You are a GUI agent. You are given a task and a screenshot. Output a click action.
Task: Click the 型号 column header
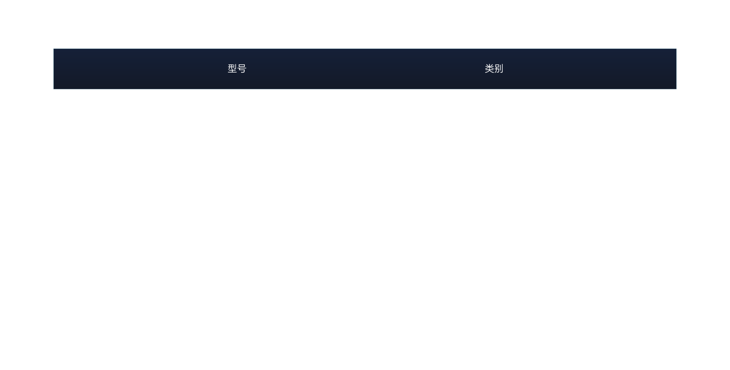pyautogui.click(x=237, y=68)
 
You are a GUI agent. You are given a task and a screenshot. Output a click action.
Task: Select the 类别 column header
pyautogui.click(x=494, y=68)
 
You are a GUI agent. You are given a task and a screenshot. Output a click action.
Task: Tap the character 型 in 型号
pyautogui.click(x=232, y=68)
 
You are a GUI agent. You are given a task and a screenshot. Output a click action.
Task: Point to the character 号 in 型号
pyautogui.click(x=242, y=68)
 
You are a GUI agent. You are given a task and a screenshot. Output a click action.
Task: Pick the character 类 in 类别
pyautogui.click(x=489, y=68)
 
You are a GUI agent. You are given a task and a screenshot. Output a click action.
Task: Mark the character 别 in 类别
pyautogui.click(x=498, y=68)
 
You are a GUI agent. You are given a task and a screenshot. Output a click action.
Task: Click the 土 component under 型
pyautogui.click(x=232, y=71)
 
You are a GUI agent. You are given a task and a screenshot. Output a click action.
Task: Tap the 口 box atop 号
pyautogui.click(x=242, y=65)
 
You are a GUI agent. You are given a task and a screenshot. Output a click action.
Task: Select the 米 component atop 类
pyautogui.click(x=489, y=66)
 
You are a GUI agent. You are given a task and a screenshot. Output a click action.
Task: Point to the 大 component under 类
pyautogui.click(x=489, y=71)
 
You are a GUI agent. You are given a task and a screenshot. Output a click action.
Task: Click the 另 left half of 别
pyautogui.click(x=497, y=68)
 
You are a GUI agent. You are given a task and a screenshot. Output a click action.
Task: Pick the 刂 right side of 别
pyautogui.click(x=501, y=68)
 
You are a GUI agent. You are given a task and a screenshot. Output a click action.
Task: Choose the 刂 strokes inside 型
pyautogui.click(x=235, y=66)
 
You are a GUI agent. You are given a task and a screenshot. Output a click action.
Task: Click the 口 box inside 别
pyautogui.click(x=497, y=66)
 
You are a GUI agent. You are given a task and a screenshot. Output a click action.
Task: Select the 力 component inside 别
pyautogui.click(x=497, y=71)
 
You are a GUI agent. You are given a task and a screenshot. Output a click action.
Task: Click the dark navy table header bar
pyautogui.click(x=365, y=69)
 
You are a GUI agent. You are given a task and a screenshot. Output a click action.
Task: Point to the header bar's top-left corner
pyautogui.click(x=54, y=49)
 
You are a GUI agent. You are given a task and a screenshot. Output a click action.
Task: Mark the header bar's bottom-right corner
pyautogui.click(x=676, y=89)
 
